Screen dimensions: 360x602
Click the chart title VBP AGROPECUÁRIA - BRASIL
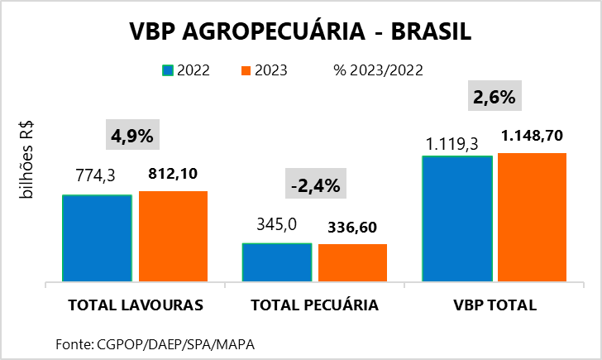point(300,32)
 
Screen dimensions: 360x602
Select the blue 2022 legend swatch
point(168,70)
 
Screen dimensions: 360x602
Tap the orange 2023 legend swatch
point(246,70)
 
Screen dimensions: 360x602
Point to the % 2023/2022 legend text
point(378,70)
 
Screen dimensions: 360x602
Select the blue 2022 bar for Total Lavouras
point(97,239)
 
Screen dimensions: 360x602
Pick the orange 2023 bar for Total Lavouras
point(173,238)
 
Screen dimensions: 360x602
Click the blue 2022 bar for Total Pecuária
point(277,263)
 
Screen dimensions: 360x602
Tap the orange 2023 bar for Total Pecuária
point(352,263)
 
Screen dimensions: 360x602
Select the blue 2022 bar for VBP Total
point(457,219)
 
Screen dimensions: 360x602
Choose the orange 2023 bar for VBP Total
point(532,218)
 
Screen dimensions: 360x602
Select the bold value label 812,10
point(174,175)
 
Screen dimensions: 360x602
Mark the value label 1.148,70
point(533,135)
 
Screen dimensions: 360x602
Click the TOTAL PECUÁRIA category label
point(314,305)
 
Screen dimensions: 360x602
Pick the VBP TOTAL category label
point(495,305)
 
